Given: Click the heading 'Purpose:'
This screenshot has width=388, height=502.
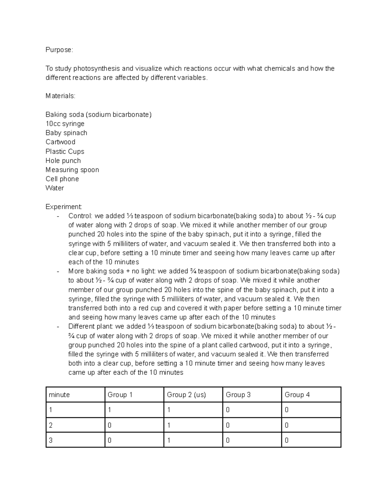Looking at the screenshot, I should click(x=59, y=50).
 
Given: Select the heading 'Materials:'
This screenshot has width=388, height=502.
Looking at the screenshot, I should click(x=60, y=96).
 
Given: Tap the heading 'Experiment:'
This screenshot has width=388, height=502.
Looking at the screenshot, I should click(x=64, y=207).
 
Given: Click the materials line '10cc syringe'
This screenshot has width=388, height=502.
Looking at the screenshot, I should click(x=65, y=123).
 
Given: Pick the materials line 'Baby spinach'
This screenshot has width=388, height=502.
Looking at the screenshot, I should click(x=66, y=133).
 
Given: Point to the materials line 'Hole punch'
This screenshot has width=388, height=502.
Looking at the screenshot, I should click(x=63, y=161).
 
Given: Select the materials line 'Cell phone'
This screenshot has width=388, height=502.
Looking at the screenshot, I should click(x=62, y=179).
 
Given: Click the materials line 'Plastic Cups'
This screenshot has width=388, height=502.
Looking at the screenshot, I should click(x=65, y=151).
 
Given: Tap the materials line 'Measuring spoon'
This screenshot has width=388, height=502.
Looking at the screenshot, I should click(x=72, y=170).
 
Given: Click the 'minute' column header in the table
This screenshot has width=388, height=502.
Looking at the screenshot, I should click(x=59, y=395).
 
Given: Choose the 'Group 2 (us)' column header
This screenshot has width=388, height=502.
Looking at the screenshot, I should click(x=186, y=395).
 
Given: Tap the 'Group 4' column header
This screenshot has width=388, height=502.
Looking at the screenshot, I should click(x=297, y=395).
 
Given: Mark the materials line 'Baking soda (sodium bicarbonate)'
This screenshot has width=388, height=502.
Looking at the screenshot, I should click(x=98, y=114).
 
